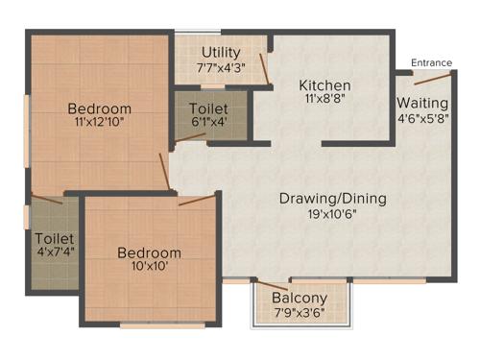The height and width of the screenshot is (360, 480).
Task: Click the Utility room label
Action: tap(220, 52)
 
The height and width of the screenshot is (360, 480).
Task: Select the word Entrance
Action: tap(431, 63)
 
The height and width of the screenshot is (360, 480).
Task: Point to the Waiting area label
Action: tap(422, 103)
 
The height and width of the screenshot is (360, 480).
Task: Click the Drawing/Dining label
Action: tap(332, 199)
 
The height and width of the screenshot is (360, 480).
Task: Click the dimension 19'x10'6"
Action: tap(332, 214)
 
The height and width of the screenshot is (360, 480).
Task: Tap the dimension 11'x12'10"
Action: tap(99, 122)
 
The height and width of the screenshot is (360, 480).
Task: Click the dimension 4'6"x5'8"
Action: tap(422, 118)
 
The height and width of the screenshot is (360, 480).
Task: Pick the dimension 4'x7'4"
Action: tap(54, 252)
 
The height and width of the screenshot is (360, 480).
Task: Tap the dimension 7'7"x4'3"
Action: tap(220, 67)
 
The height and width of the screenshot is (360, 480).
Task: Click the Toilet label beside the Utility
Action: tap(208, 108)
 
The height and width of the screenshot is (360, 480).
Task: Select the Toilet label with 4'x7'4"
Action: tap(54, 237)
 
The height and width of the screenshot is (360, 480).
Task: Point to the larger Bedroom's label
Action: tap(99, 108)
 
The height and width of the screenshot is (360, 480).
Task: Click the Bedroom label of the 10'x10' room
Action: tap(149, 252)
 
